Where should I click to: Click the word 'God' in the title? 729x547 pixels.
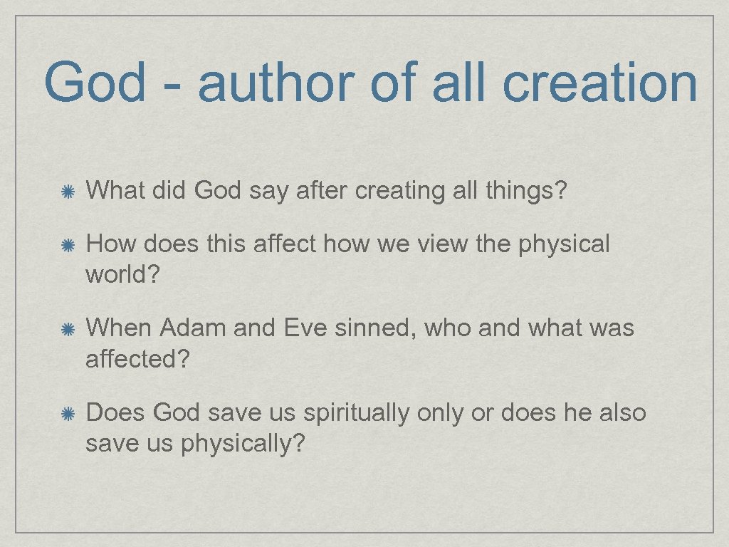click(94, 82)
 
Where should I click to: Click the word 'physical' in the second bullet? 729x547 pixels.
click(564, 244)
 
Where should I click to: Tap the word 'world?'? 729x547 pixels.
click(118, 274)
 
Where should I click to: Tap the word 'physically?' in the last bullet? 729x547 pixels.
click(242, 444)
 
